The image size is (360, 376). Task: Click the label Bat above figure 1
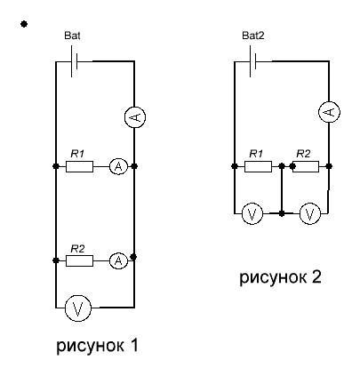pyautogui.click(x=72, y=36)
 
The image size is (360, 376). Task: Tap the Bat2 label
pyautogui.click(x=253, y=36)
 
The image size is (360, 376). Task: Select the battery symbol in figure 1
pyautogui.click(x=74, y=61)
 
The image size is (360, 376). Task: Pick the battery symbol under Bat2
pyautogui.click(x=252, y=61)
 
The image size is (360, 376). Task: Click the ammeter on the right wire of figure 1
pyautogui.click(x=135, y=117)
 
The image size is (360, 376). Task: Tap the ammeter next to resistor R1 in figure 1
pyautogui.click(x=118, y=166)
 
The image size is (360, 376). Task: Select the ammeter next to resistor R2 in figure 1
pyautogui.click(x=118, y=260)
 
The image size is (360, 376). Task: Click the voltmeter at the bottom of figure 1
pyautogui.click(x=77, y=308)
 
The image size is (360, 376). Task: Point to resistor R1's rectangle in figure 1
pyautogui.click(x=79, y=166)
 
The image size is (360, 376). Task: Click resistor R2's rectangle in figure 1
pyautogui.click(x=79, y=260)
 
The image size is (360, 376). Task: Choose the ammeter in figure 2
pyautogui.click(x=329, y=112)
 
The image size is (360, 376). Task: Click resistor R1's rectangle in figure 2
pyautogui.click(x=258, y=166)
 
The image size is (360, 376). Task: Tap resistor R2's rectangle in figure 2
pyautogui.click(x=305, y=166)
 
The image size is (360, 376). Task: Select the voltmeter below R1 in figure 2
pyautogui.click(x=252, y=213)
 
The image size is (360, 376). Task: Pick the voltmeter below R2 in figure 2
pyautogui.click(x=310, y=213)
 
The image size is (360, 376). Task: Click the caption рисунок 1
pyautogui.click(x=98, y=346)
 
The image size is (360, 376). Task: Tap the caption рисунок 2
pyautogui.click(x=280, y=277)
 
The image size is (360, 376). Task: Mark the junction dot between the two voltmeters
pyautogui.click(x=282, y=213)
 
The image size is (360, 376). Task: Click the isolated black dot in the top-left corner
pyautogui.click(x=24, y=24)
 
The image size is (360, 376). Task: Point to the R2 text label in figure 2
pyautogui.click(x=303, y=154)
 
